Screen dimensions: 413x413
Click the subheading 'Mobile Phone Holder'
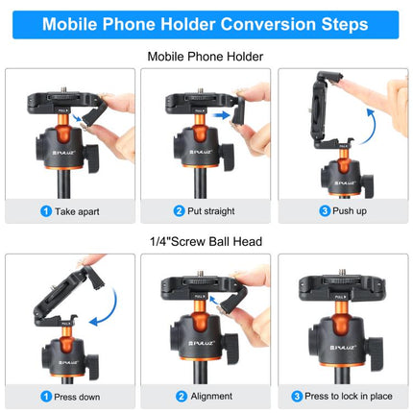206,56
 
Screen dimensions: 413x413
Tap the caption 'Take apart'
72,210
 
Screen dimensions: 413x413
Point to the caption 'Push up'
343,210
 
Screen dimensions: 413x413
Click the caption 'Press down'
76,395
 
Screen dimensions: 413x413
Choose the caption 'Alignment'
209,395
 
